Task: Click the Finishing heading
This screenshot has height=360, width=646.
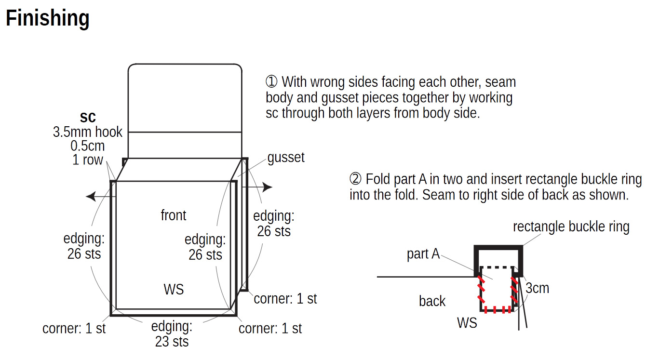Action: click(x=48, y=18)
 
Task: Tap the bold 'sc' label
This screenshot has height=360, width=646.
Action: click(x=88, y=117)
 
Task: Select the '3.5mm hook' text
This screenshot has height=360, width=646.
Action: click(x=88, y=132)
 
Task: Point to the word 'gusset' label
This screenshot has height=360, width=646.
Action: click(x=286, y=158)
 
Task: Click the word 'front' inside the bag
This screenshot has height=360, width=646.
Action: click(x=174, y=215)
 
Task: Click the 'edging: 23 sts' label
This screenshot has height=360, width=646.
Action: click(x=172, y=334)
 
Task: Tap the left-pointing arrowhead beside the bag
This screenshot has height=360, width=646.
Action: click(x=91, y=197)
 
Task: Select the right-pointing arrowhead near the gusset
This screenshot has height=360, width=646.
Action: click(x=268, y=187)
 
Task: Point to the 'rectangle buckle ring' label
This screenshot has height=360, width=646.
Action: click(x=571, y=227)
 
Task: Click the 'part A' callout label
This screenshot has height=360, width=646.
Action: click(x=423, y=254)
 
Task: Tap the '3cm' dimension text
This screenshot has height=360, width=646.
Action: click(x=537, y=288)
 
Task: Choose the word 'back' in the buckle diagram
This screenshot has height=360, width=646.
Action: click(x=432, y=301)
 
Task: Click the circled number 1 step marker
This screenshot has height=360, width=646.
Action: click(x=271, y=81)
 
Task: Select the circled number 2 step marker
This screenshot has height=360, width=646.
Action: click(x=355, y=179)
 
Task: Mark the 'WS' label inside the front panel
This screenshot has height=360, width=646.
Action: click(x=174, y=289)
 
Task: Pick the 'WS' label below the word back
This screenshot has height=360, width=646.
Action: click(x=467, y=323)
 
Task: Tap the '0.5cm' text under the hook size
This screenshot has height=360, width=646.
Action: click(x=88, y=146)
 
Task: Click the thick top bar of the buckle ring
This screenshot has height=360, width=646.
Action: click(x=498, y=248)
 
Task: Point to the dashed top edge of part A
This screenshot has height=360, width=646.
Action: click(x=497, y=267)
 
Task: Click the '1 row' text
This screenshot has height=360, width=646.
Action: click(x=88, y=160)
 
